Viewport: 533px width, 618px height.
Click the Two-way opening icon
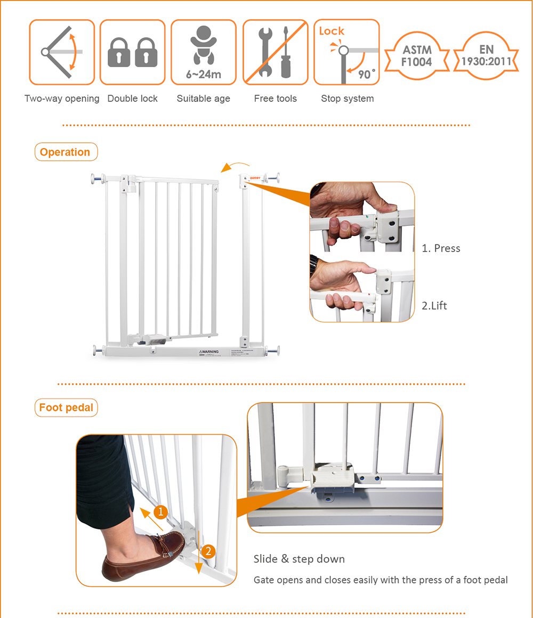click(62, 52)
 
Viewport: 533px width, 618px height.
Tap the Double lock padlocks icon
click(133, 52)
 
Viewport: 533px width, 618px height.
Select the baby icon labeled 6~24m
click(203, 52)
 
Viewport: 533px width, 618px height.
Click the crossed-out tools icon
click(276, 52)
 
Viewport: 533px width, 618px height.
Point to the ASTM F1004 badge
click(417, 56)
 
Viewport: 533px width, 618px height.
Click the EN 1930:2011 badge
click(486, 56)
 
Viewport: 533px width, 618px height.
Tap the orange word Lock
click(332, 31)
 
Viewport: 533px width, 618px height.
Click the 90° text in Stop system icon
click(366, 74)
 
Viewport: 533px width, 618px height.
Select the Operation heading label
click(65, 152)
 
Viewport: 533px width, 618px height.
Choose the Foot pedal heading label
click(66, 408)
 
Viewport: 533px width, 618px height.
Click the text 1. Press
click(441, 248)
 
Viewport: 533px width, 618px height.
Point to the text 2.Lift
click(434, 306)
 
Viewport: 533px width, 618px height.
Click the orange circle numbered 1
click(161, 511)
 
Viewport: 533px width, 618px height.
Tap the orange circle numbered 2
click(208, 551)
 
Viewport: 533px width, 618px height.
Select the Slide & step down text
click(299, 559)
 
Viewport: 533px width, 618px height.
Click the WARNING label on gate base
click(209, 352)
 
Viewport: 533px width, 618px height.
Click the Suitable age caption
click(203, 99)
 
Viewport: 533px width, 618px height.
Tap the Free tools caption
click(276, 99)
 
